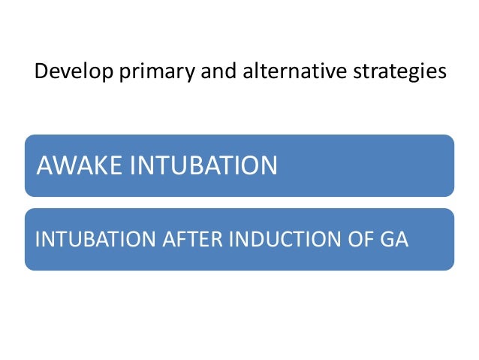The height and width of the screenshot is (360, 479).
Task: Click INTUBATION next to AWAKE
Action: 203,165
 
